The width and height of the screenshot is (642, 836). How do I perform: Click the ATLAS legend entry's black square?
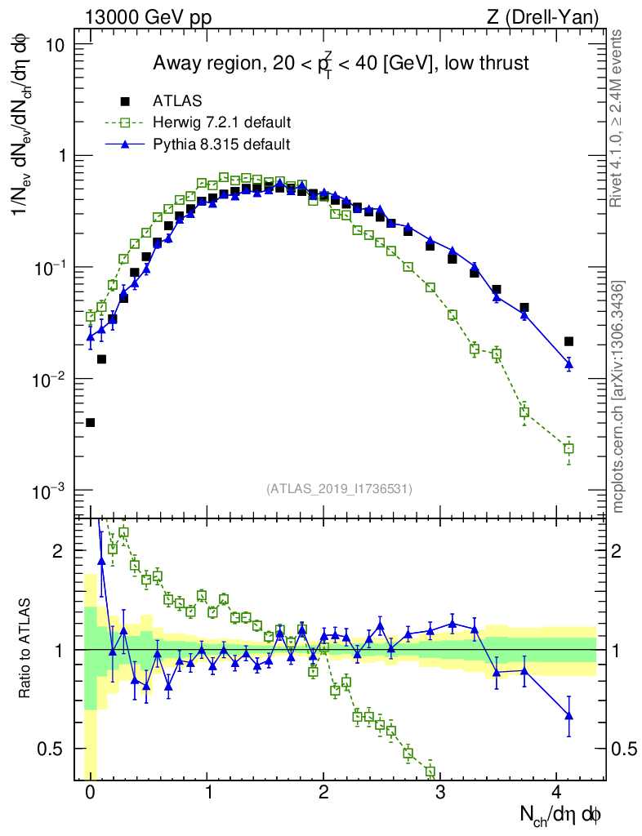pos(125,101)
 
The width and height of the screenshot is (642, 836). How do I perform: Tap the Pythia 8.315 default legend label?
pos(221,144)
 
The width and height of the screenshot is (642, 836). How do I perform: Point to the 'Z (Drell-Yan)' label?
pos(552,17)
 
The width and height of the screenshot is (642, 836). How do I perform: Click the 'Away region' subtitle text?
pos(341,64)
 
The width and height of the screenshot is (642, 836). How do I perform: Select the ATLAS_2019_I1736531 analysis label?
pos(339,489)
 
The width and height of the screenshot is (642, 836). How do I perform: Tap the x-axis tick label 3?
pos(440,792)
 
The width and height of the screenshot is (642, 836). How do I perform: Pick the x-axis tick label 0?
pos(90,792)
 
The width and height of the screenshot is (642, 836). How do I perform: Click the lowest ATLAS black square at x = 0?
pos(90,422)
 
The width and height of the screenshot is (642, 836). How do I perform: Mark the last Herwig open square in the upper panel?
pos(568,448)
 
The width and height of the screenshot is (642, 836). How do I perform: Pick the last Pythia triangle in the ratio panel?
pos(568,715)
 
